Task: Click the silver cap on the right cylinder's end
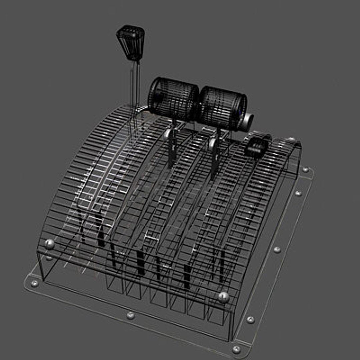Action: point(248,121)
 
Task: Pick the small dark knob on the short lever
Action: point(257,147)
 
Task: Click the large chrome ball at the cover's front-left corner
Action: point(50,244)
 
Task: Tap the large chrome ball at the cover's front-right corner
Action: point(224,297)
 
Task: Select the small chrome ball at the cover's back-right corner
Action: point(291,140)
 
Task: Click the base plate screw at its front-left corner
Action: point(34,283)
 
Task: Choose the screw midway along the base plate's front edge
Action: point(130,315)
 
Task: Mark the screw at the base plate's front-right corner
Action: point(236,349)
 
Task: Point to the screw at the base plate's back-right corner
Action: point(305,170)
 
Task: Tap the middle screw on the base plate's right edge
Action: point(277,249)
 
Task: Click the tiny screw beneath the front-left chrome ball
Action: point(49,258)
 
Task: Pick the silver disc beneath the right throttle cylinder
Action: point(212,144)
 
